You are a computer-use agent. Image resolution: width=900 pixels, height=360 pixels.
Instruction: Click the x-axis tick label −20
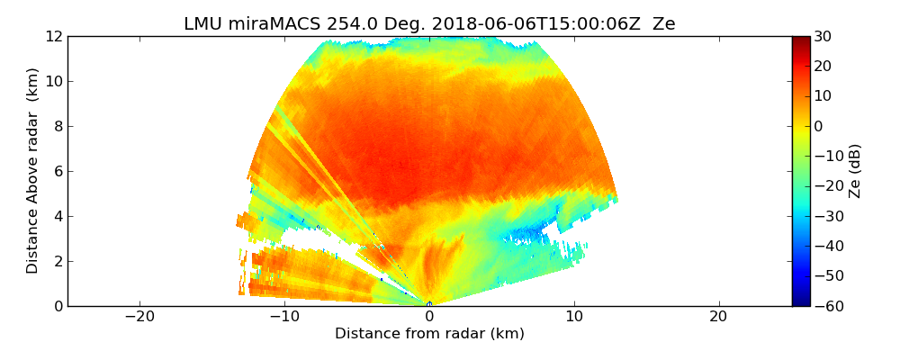click(x=139, y=317)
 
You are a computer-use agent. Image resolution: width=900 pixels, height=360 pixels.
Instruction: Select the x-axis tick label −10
click(x=284, y=317)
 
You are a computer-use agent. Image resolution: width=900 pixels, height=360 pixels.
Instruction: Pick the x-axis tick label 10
click(x=574, y=317)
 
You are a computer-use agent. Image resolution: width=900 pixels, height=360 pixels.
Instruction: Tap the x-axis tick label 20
click(x=718, y=317)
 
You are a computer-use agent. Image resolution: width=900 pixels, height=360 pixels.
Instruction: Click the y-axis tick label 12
click(x=54, y=36)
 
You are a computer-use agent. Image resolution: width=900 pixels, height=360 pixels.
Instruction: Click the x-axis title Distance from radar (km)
click(x=429, y=334)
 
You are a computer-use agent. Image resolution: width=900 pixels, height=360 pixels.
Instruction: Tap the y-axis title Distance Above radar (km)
click(x=32, y=170)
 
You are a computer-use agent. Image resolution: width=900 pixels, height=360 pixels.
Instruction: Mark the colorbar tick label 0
click(x=819, y=126)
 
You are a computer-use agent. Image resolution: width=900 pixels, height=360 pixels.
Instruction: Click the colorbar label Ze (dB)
click(x=855, y=170)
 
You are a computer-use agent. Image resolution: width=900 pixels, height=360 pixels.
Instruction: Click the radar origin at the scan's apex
click(x=429, y=304)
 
